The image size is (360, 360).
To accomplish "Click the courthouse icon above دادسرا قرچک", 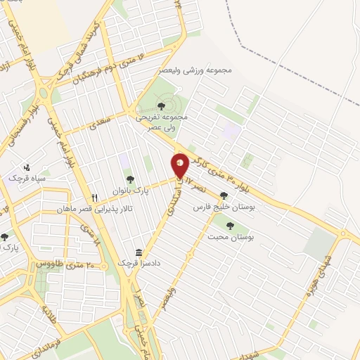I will (x=139, y=252).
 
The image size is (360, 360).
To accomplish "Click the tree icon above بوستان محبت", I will (x=231, y=225).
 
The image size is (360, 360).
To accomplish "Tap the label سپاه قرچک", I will (x=27, y=179).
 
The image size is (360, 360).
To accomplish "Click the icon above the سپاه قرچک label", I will (x=27, y=167).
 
